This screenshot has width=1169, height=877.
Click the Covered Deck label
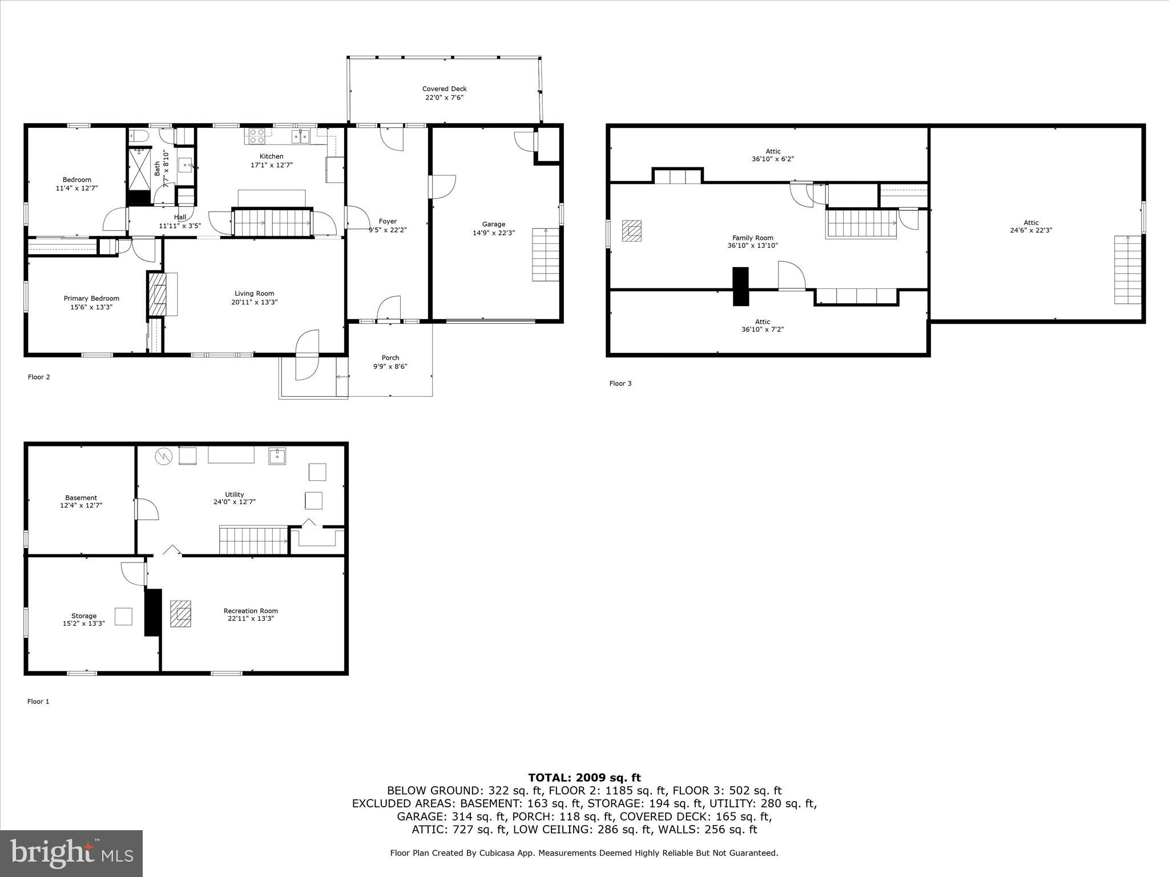click(444, 88)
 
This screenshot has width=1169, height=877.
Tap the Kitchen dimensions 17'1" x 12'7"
click(271, 165)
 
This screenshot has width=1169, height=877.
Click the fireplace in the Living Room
click(157, 294)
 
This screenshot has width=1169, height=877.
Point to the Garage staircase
click(546, 255)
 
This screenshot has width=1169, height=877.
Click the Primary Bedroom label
click(91, 298)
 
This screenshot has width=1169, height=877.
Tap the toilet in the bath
click(139, 135)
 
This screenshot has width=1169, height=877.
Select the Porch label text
click(390, 358)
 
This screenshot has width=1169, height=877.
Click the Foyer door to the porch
click(389, 308)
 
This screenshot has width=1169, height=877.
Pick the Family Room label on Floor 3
click(752, 238)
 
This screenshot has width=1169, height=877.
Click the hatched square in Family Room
click(632, 231)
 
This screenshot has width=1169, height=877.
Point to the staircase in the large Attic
click(1127, 269)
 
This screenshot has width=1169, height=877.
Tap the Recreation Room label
click(251, 610)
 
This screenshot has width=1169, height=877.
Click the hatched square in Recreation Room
click(181, 614)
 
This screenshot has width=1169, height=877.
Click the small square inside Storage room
click(124, 617)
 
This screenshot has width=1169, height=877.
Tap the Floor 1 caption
click(38, 701)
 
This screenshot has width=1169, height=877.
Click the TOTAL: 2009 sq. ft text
click(584, 777)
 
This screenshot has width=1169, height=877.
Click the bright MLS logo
click(71, 853)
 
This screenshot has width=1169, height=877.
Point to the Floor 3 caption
click(620, 383)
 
